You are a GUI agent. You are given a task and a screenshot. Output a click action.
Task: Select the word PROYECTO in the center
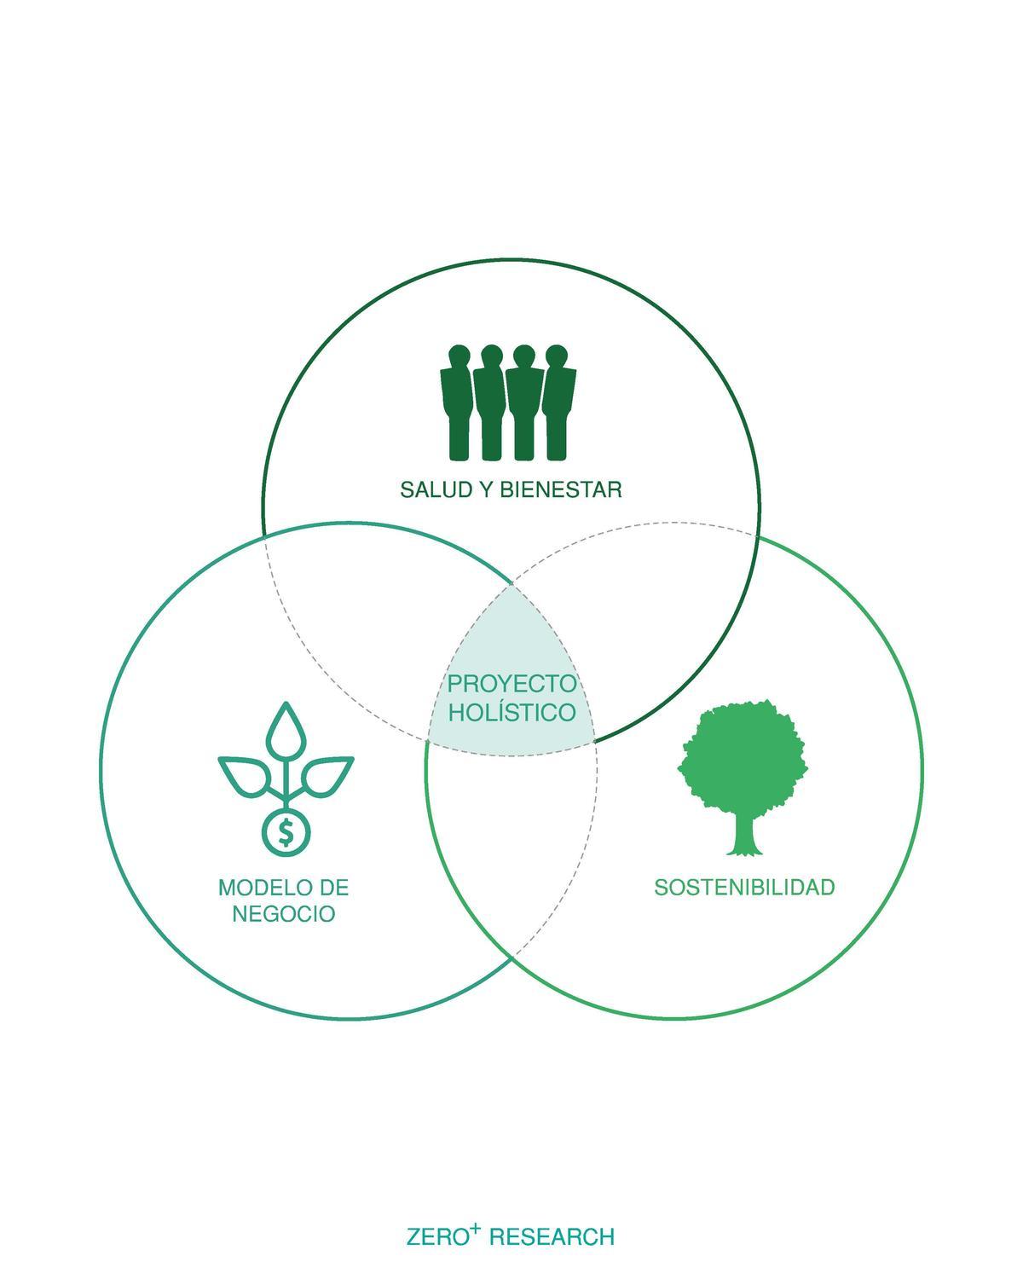point(511,684)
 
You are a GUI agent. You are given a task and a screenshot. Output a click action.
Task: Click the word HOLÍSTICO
point(511,712)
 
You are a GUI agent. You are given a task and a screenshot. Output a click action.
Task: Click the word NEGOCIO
point(283,914)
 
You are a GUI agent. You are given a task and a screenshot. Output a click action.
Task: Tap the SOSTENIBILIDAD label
point(744,888)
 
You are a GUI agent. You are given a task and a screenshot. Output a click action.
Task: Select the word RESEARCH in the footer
point(552,1237)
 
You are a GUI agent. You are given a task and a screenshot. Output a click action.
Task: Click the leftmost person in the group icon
point(458,401)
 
